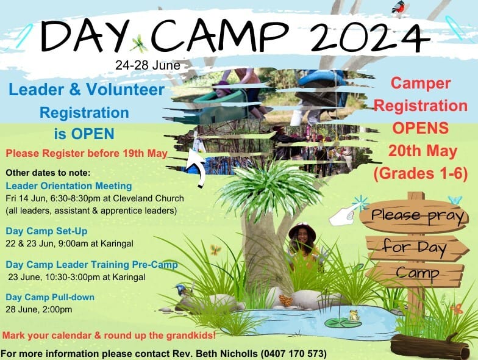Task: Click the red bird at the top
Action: pyautogui.click(x=400, y=7)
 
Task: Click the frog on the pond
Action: pyautogui.click(x=354, y=315)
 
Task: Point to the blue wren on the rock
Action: pyautogui.click(x=184, y=290)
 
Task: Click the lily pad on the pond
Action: pyautogui.click(x=337, y=322)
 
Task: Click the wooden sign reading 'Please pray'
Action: pyautogui.click(x=414, y=216)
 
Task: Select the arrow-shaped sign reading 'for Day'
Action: pyautogui.click(x=415, y=247)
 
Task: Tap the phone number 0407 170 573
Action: pyautogui.click(x=294, y=354)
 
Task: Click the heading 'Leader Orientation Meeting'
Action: pyautogui.click(x=69, y=185)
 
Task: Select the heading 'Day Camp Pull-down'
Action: pyautogui.click(x=50, y=297)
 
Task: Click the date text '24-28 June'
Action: pyautogui.click(x=148, y=65)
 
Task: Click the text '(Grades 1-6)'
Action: pyautogui.click(x=421, y=173)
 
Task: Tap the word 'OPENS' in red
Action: pyautogui.click(x=421, y=128)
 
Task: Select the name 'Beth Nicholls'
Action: pyautogui.click(x=227, y=354)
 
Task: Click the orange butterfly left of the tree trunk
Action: pyautogui.click(x=215, y=250)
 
